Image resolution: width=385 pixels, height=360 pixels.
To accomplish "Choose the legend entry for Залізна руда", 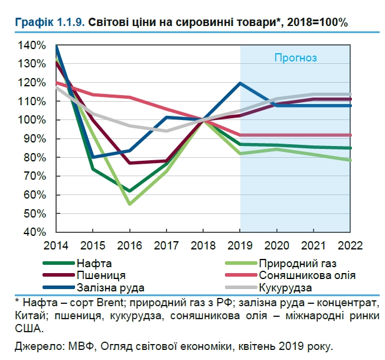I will point(110,288).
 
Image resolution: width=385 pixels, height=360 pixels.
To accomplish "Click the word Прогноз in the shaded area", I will point(296,58).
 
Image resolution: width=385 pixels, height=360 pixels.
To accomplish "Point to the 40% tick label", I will point(35,232).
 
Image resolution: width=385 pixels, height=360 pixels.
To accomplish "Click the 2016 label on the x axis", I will point(129,244).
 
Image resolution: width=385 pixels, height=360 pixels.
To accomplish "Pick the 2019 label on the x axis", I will point(240,244).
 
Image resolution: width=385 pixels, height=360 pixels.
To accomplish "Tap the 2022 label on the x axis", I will point(351,244).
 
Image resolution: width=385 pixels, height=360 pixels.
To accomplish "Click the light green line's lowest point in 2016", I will point(129,204).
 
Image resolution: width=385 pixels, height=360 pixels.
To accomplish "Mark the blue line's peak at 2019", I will point(240,83).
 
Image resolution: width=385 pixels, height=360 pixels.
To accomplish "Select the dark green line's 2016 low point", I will point(129,191).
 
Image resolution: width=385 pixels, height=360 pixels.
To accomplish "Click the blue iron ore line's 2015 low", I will point(93,157).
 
